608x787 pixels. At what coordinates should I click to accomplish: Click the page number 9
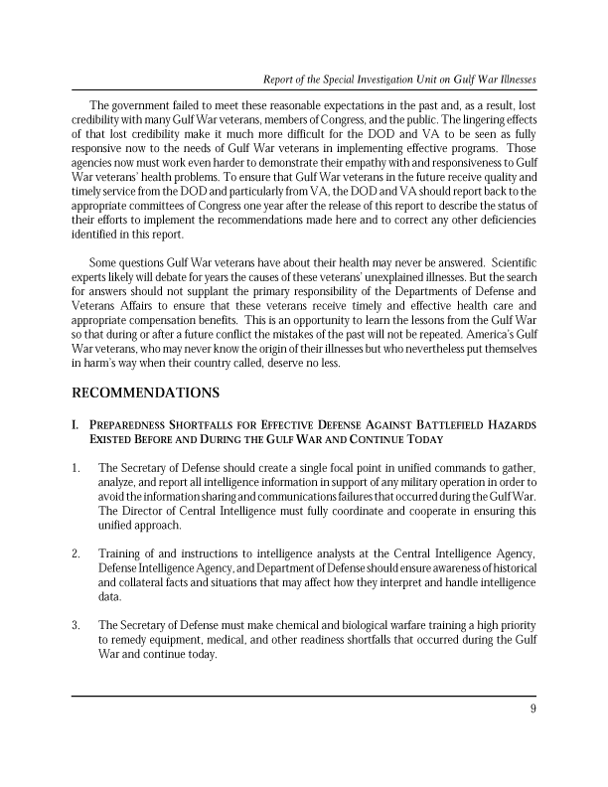click(532, 708)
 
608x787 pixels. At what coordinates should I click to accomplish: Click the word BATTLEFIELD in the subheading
click(427, 424)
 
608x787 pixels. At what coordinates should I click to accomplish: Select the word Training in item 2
click(123, 552)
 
